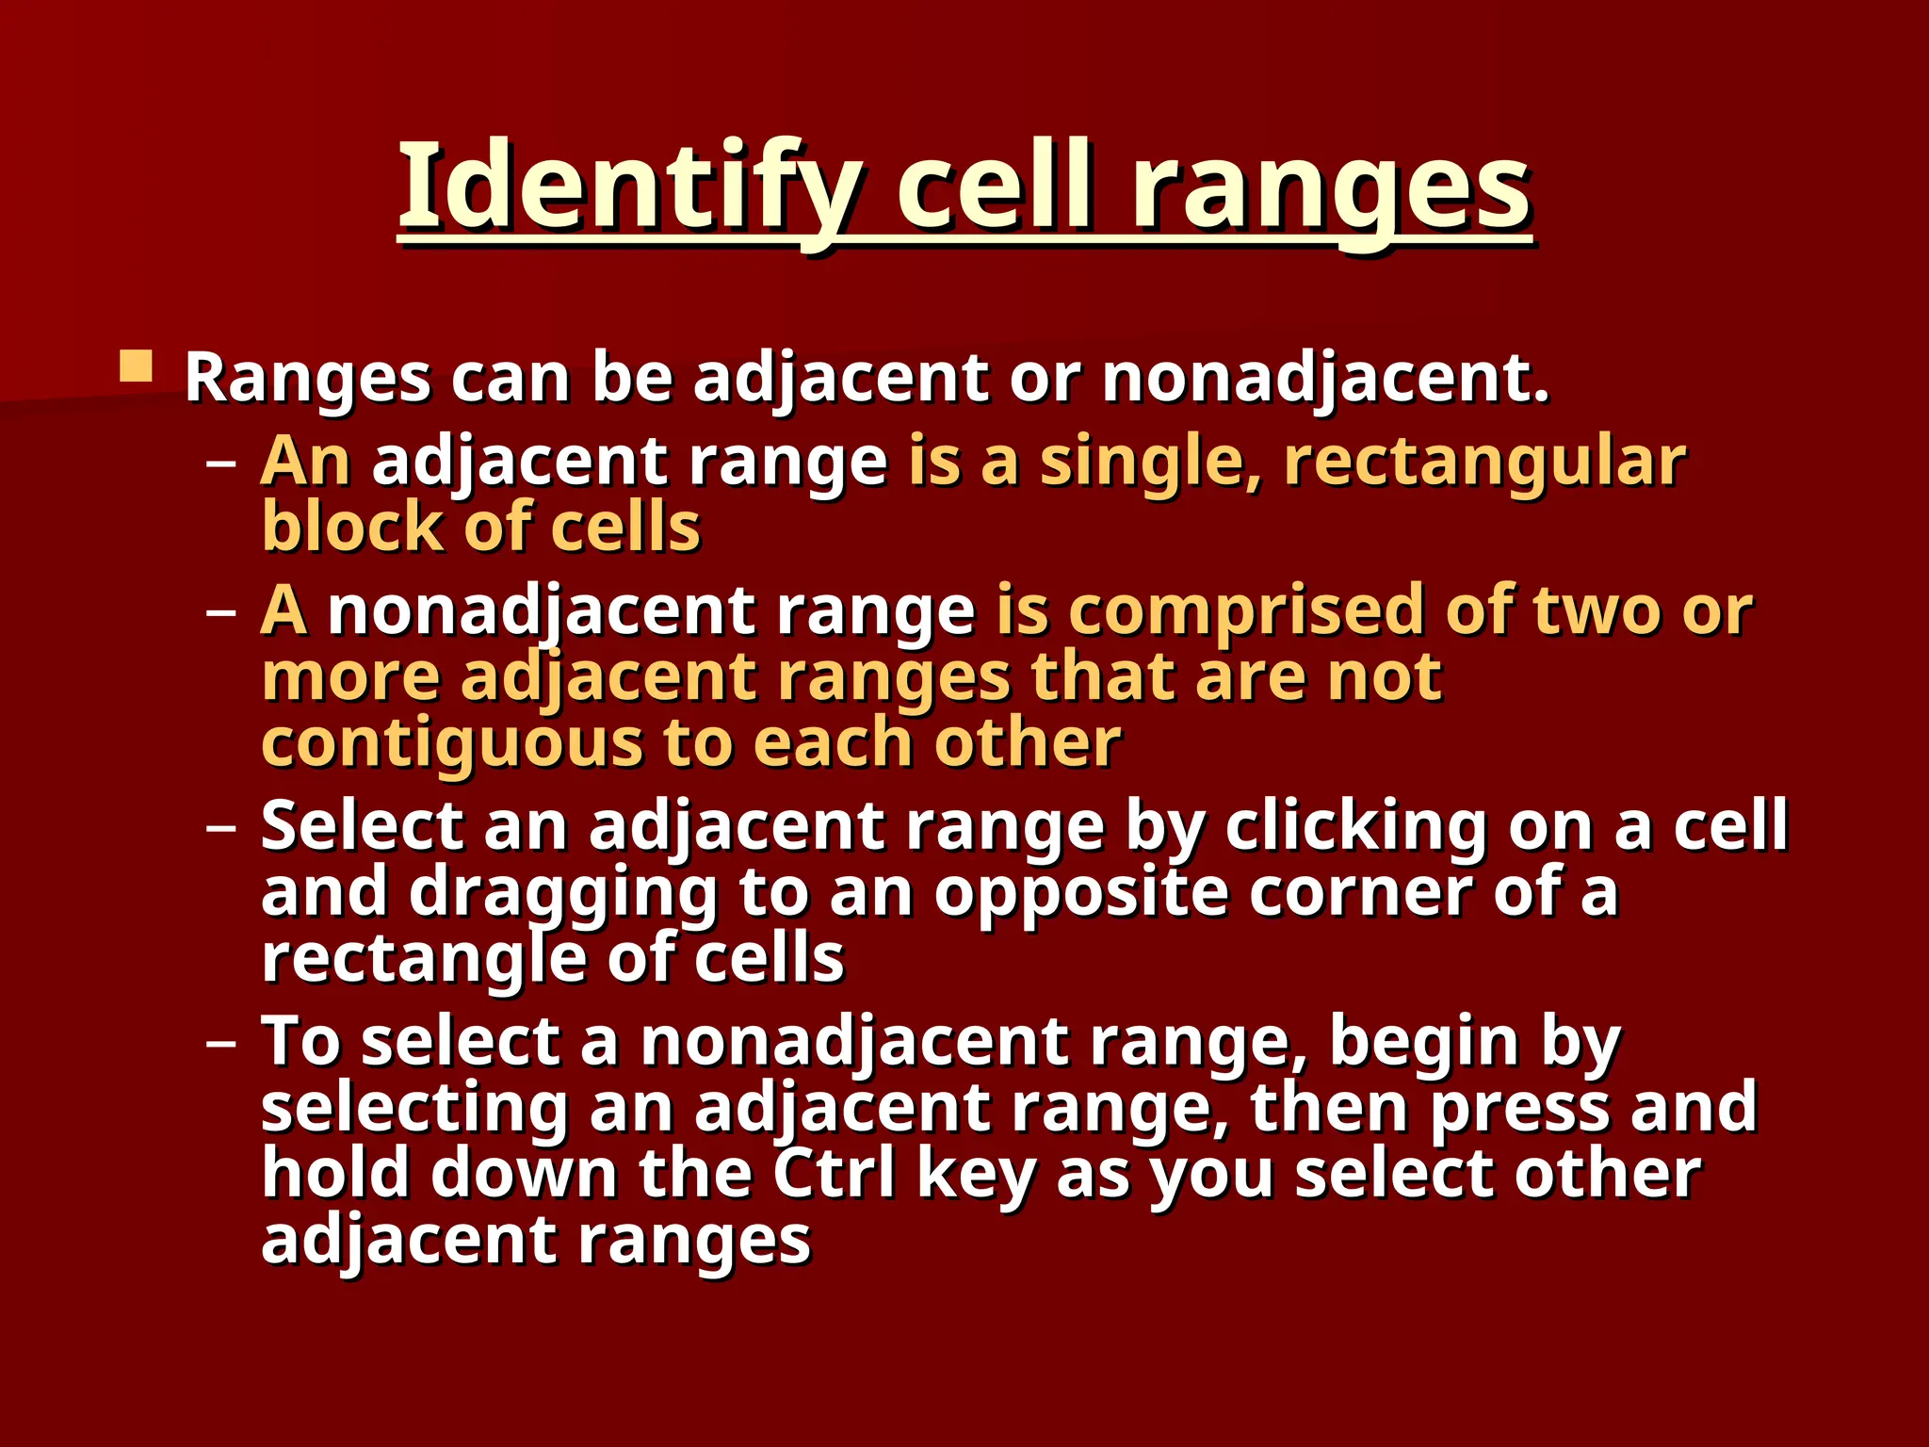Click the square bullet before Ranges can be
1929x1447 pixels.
point(137,366)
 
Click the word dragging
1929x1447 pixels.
point(562,894)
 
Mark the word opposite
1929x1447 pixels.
point(1081,892)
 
